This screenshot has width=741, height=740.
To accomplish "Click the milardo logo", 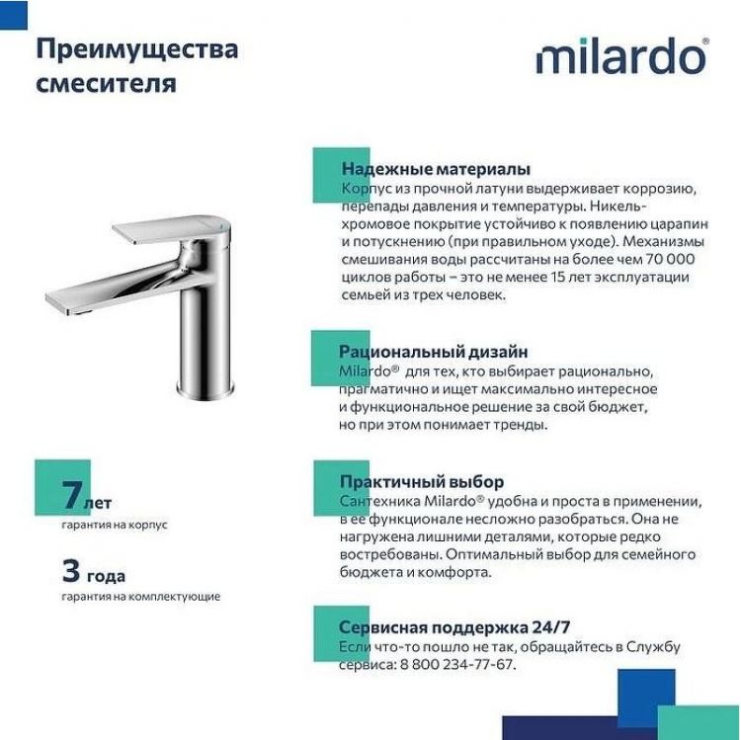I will click(x=621, y=58).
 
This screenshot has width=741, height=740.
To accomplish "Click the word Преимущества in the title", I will click(x=136, y=49).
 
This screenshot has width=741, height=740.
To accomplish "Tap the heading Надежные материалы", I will click(x=435, y=169).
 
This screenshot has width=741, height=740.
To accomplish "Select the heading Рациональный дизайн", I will click(x=433, y=351).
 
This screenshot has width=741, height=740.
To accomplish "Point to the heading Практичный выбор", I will click(x=421, y=482).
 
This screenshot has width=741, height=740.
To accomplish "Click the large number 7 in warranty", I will click(x=69, y=494).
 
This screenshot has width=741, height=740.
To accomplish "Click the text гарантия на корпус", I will click(x=114, y=525).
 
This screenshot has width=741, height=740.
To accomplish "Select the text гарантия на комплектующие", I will click(x=140, y=597).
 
